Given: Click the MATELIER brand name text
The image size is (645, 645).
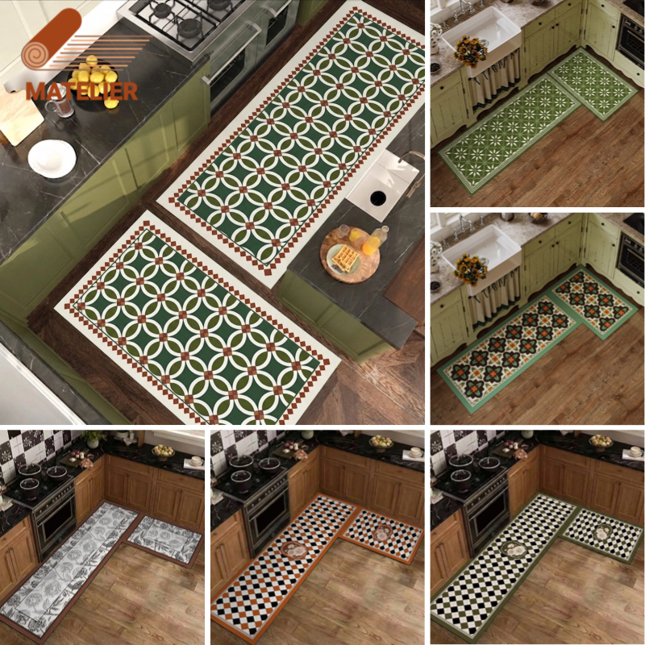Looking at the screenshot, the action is pyautogui.click(x=81, y=91).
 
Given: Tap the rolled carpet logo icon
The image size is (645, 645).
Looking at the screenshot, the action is pyautogui.click(x=52, y=41).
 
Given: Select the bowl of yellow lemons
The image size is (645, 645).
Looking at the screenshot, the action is pyautogui.click(x=94, y=82).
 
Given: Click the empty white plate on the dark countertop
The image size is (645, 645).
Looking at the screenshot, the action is pyautogui.click(x=52, y=158).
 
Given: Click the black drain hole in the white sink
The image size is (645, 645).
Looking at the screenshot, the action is pyautogui.click(x=378, y=198).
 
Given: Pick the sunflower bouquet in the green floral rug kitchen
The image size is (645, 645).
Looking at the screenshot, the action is pyautogui.click(x=470, y=51).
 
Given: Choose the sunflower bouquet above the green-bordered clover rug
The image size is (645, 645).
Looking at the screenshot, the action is pyautogui.click(x=470, y=270).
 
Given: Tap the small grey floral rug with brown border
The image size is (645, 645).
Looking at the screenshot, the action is pyautogui.click(x=164, y=539).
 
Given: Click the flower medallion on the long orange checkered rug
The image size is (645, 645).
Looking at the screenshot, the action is pyautogui.click(x=294, y=551).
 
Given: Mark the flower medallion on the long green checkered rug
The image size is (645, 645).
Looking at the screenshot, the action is pyautogui.click(x=514, y=550).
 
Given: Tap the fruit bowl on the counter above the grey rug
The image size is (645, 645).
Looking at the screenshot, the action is pyautogui.click(x=164, y=452).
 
